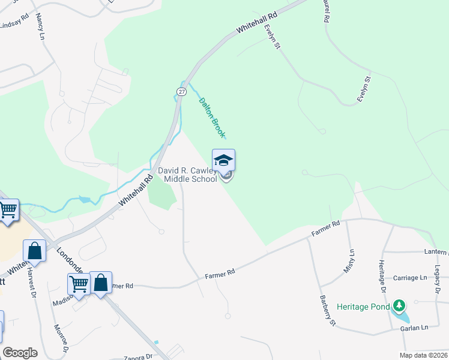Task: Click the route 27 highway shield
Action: pyautogui.click(x=181, y=91)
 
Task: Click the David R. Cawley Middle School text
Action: pyautogui.click(x=188, y=175)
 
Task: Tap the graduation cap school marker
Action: pyautogui.click(x=223, y=160)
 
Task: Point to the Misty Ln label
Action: pyautogui.click(x=349, y=262)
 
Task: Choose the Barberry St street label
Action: pyautogui.click(x=327, y=310)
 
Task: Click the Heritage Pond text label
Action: pyautogui.click(x=363, y=306)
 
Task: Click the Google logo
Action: pyautogui.click(x=20, y=352)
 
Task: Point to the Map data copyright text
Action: pyautogui.click(x=423, y=355)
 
